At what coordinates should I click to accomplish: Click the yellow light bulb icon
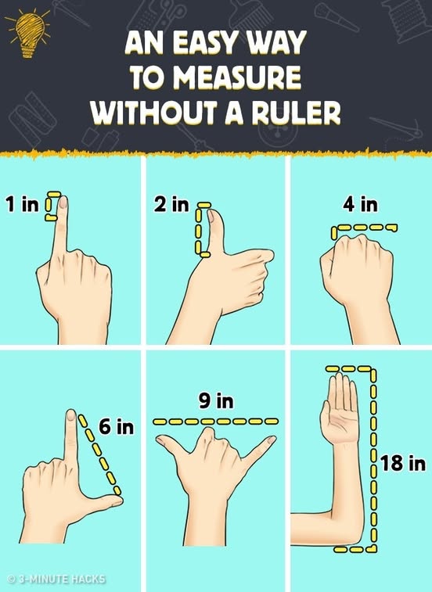coord(29,33)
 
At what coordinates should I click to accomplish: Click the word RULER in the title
coord(297,112)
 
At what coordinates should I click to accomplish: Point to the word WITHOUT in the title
coord(155,112)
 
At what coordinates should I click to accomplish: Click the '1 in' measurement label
coord(22,204)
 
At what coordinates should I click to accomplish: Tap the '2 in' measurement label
coord(171,204)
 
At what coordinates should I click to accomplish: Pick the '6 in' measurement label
coord(117,427)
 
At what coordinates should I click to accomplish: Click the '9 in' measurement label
coord(216,400)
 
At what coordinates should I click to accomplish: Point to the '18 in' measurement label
coord(403,463)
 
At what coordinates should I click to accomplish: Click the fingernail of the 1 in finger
coord(63,202)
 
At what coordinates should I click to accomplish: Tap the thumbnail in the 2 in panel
coord(211,216)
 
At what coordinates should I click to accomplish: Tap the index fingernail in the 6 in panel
coord(70,415)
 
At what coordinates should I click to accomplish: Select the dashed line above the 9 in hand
coord(215,422)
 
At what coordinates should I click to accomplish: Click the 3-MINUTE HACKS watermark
coord(56,579)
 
